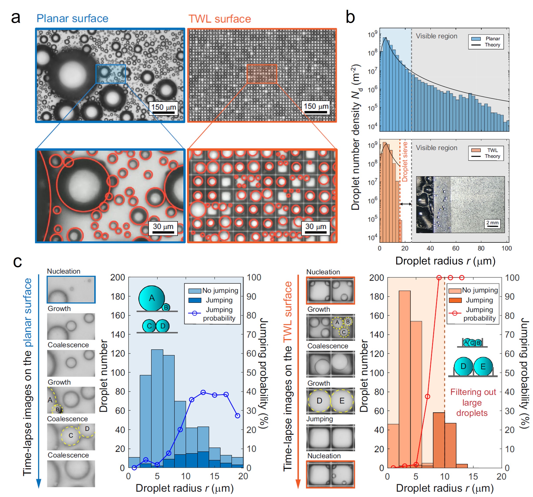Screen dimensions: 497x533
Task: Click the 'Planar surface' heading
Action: pos(72,18)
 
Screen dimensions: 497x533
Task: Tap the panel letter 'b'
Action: pos(350,17)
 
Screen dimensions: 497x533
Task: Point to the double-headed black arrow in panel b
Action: pos(406,204)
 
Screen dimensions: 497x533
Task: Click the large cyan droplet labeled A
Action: pos(152,298)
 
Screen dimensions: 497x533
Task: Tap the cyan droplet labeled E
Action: pos(483,366)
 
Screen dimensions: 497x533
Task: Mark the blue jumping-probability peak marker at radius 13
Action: pos(203,392)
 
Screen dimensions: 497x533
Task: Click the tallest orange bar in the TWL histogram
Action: pos(404,375)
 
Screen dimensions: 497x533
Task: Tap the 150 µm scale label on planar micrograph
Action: pos(163,107)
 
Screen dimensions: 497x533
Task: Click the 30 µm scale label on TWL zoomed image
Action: pos(316,226)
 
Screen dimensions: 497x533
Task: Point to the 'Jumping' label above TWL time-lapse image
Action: pos(320,419)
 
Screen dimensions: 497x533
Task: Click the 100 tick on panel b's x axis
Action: pos(506,248)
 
